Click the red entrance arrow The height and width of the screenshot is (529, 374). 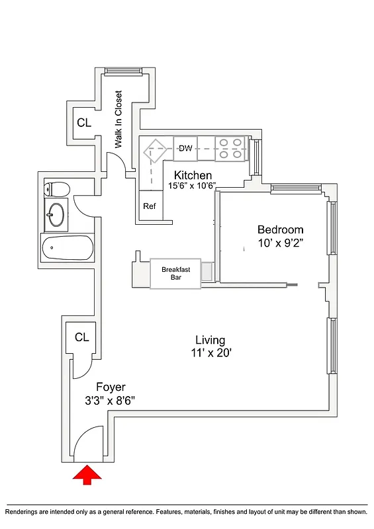click(87, 475)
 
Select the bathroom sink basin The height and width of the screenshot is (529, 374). click(56, 214)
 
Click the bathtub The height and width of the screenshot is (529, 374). click(68, 248)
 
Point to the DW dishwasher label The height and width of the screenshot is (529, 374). click(185, 148)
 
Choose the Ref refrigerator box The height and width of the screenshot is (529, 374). click(150, 206)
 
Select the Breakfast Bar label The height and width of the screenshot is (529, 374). click(175, 273)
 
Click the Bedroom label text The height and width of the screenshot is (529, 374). click(280, 229)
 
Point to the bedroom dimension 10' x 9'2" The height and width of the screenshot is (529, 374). click(281, 243)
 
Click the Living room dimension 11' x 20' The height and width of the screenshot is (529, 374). click(210, 353)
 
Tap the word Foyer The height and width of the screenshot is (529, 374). click(111, 387)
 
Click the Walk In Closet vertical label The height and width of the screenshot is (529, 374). click(119, 119)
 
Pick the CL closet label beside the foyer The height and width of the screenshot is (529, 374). click(81, 337)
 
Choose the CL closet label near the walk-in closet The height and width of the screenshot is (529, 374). click(83, 122)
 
